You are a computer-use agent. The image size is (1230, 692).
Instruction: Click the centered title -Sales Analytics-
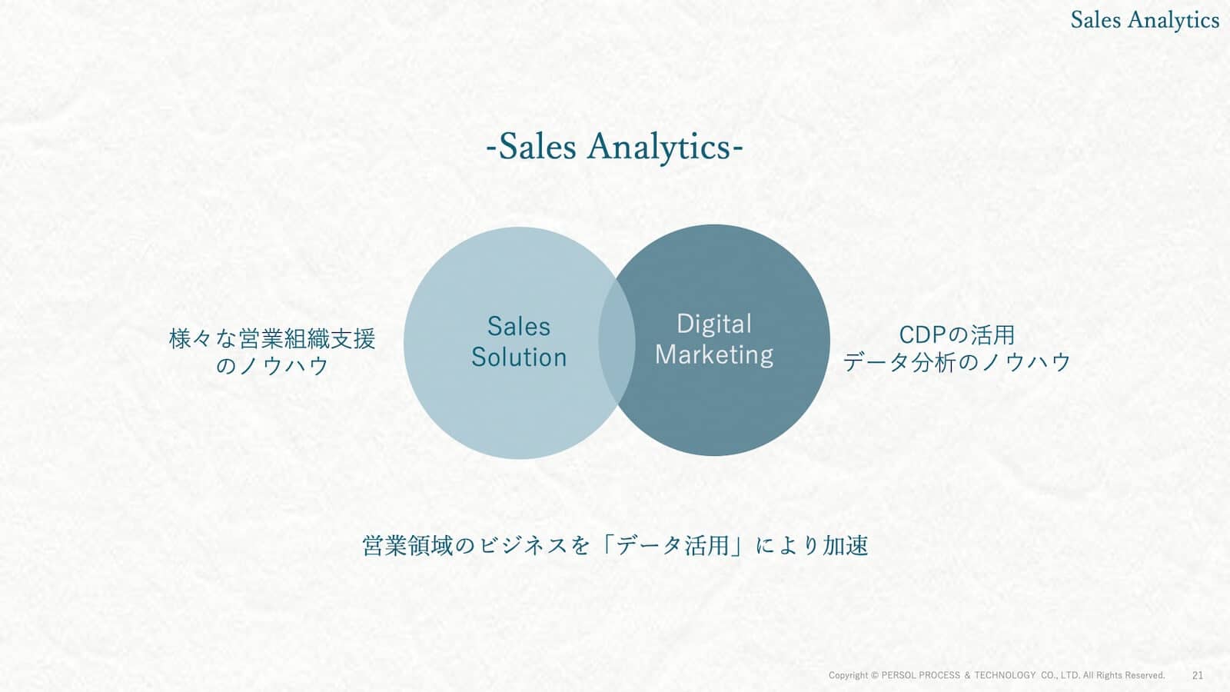coord(614,147)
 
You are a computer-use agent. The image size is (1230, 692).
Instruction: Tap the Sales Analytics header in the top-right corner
coord(1145,20)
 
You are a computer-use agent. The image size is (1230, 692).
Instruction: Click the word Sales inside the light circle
coord(519,326)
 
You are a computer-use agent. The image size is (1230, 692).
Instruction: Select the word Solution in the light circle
coord(519,357)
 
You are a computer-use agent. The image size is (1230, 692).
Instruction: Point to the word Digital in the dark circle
coord(714,324)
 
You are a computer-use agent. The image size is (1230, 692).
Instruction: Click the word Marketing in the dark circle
coord(714,354)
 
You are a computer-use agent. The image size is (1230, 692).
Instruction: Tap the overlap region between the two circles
coord(617,341)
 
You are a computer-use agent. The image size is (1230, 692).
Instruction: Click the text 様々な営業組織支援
coord(272,339)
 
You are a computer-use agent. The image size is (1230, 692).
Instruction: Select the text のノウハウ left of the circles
coord(272,366)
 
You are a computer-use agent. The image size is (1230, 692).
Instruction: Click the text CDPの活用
coord(956,335)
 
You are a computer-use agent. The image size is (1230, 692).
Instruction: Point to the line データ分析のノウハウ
coord(956,362)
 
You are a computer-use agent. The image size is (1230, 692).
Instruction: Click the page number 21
coord(1198,675)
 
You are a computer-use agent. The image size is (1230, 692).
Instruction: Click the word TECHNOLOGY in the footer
coord(1005,675)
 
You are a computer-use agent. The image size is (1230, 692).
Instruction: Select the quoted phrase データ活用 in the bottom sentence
coord(673,546)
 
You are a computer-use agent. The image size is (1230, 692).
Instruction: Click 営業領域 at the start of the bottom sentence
coord(407,546)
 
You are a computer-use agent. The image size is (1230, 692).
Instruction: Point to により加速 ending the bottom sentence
coord(812,546)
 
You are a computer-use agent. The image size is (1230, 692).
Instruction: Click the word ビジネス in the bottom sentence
coord(523,546)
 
